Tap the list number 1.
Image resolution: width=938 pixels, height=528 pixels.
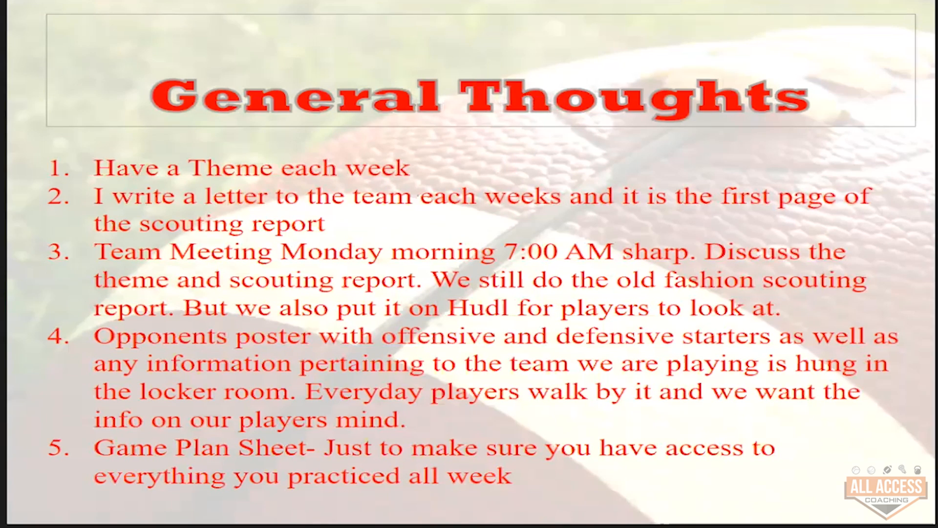pyautogui.click(x=59, y=168)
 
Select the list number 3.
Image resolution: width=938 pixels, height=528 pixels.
pyautogui.click(x=59, y=252)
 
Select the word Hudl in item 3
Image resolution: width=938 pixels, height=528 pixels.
pyautogui.click(x=478, y=308)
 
